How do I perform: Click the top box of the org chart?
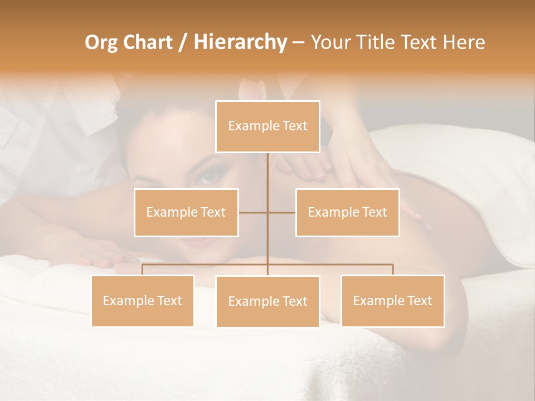coord(267,126)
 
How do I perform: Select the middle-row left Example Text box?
coord(186,212)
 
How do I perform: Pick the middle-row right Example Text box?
coord(347,212)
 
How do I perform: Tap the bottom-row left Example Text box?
coord(142,301)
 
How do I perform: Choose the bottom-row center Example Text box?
coord(267,301)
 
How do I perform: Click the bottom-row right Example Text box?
coord(392,301)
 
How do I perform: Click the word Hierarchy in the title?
coord(240,42)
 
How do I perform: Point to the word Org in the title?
coord(101,42)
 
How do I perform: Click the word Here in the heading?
coord(464,42)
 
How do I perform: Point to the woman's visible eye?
coord(208,177)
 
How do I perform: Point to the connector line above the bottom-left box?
coord(142,270)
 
